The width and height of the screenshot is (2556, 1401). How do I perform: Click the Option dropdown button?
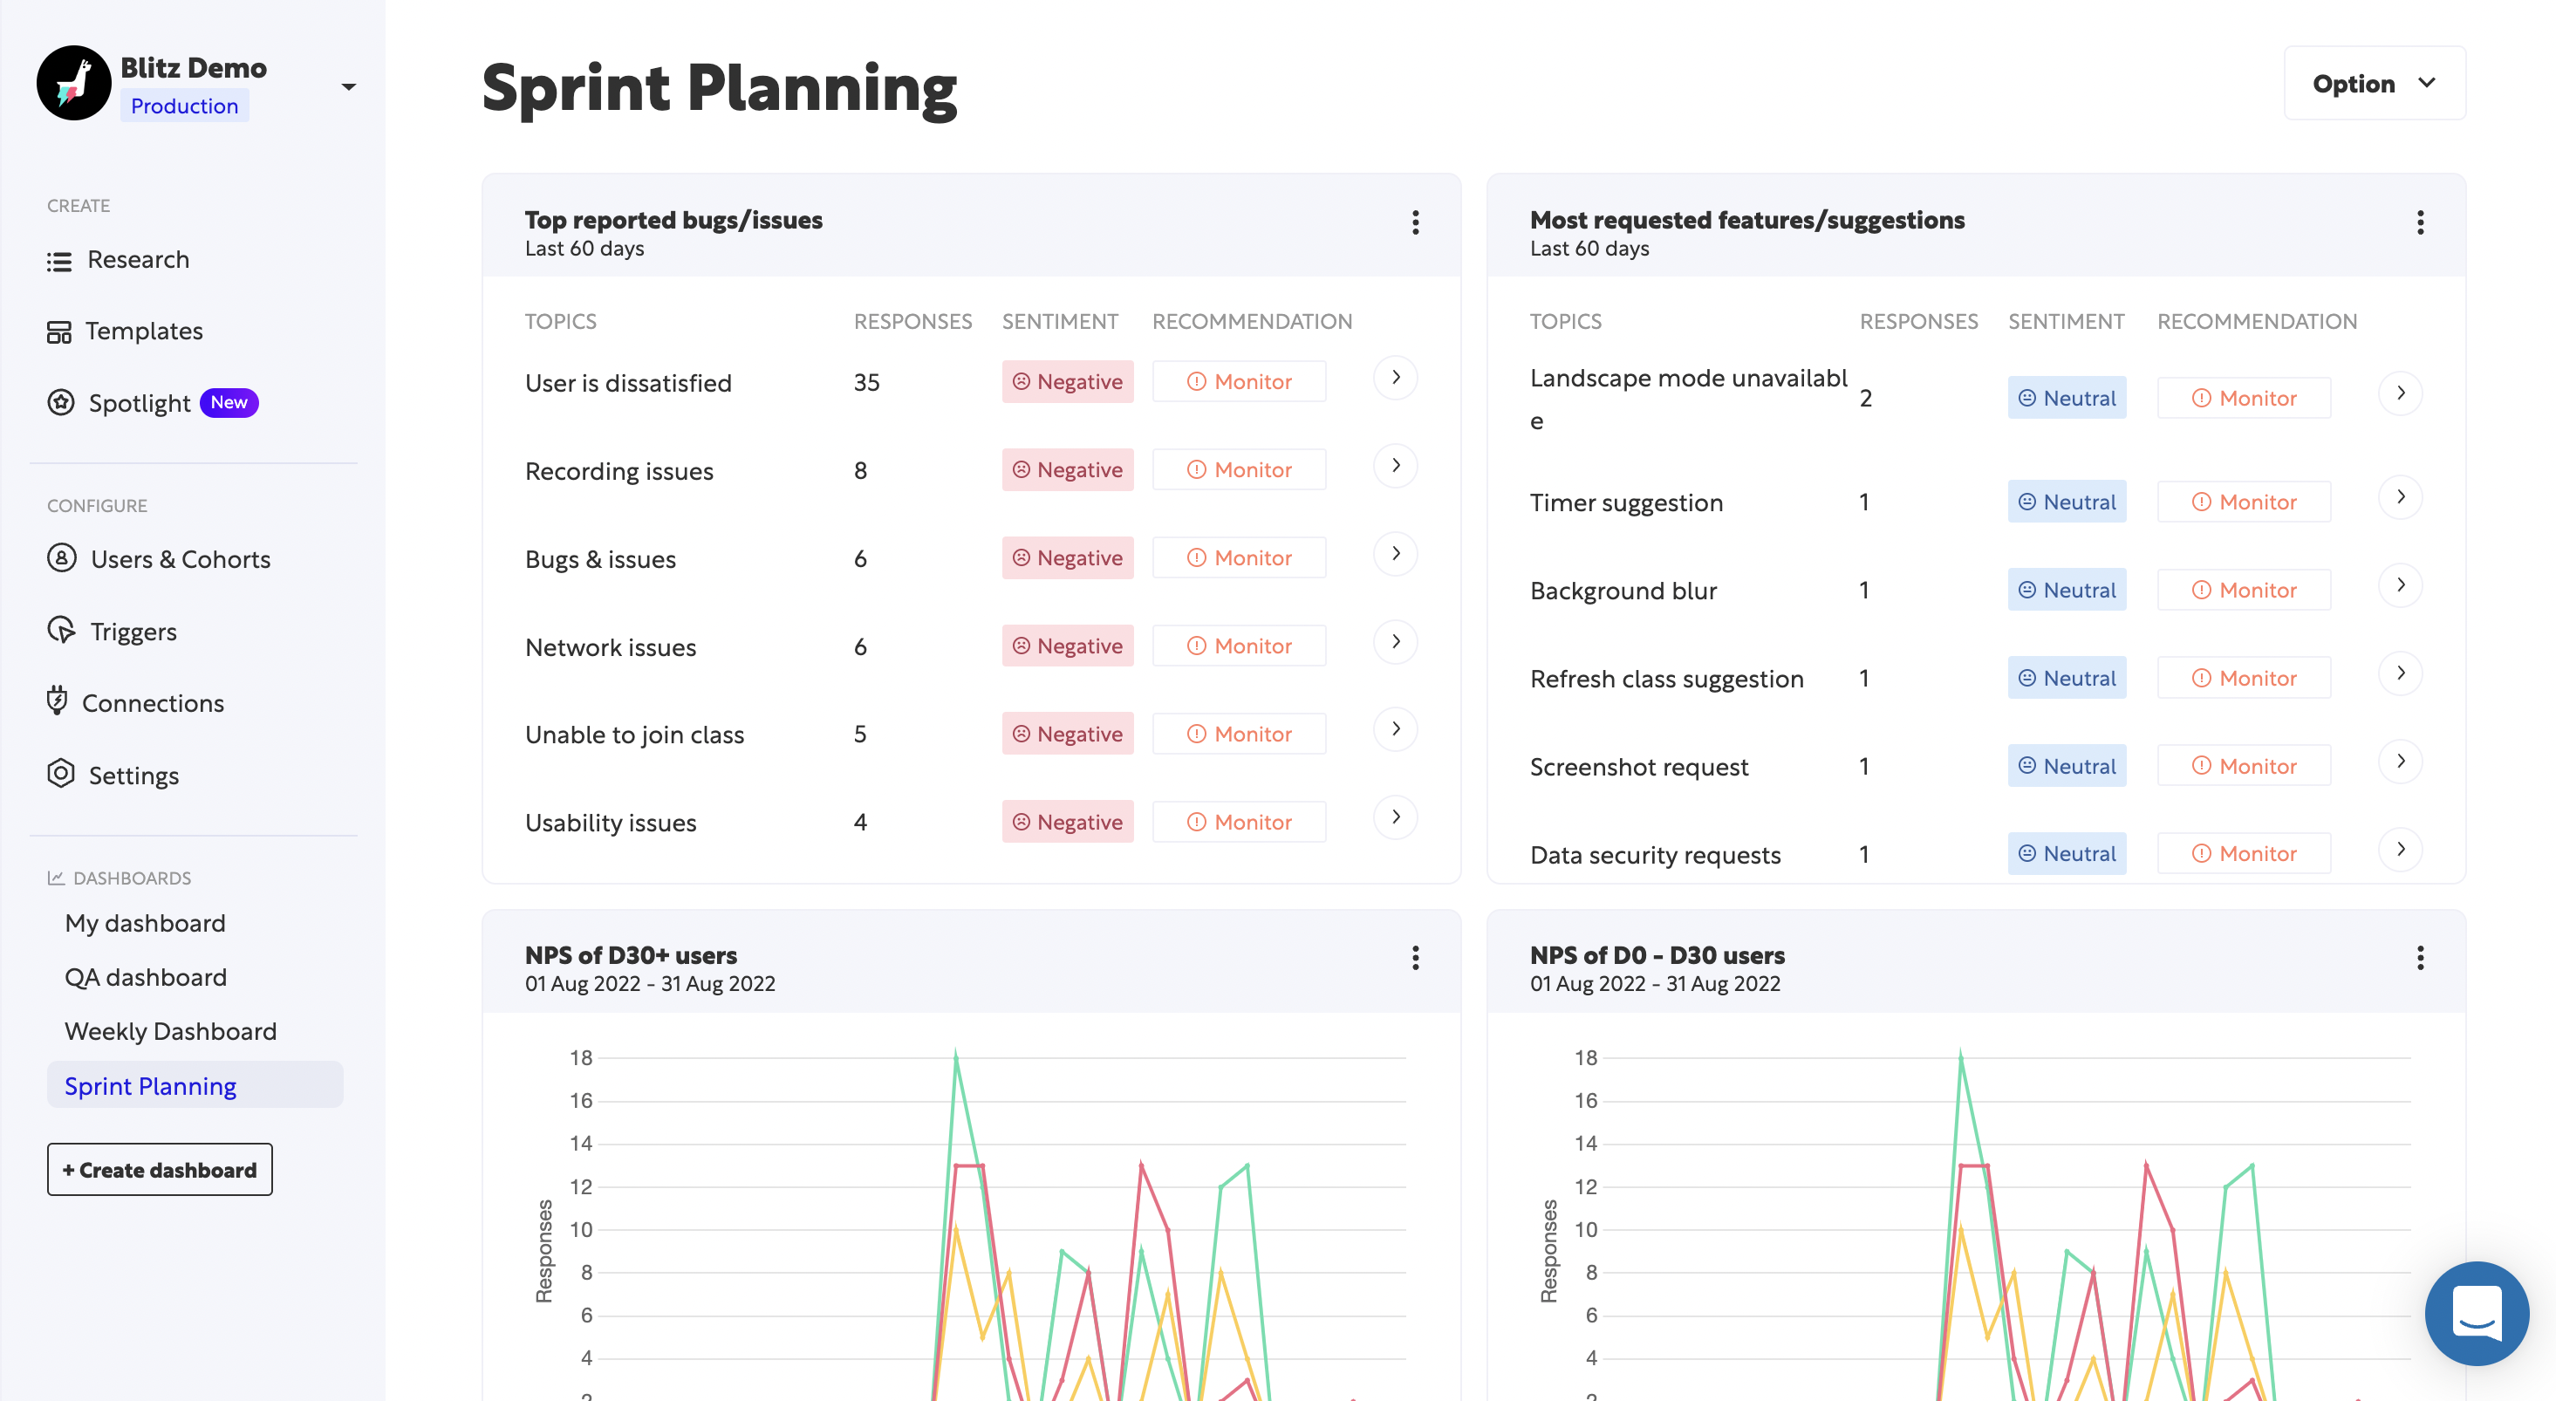[x=2374, y=84]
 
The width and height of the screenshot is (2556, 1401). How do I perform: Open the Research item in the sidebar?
[x=137, y=260]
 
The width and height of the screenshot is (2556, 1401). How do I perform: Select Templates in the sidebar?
[x=143, y=331]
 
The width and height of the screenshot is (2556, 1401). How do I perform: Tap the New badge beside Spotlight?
[x=229, y=403]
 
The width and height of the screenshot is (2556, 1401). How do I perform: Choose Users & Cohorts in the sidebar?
[x=180, y=559]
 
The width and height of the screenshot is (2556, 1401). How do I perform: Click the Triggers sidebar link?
[x=133, y=632]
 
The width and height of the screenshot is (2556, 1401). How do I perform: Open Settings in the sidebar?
[x=133, y=775]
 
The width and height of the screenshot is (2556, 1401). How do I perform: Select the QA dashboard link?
[x=146, y=977]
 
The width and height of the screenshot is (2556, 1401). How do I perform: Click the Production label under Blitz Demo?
[x=185, y=106]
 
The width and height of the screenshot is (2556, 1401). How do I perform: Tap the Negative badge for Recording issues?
[x=1068, y=470]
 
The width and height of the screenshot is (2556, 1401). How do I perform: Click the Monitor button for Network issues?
[x=1240, y=646]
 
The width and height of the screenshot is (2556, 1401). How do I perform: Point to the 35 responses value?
[x=866, y=383]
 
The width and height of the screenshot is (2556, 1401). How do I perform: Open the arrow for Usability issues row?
[x=1396, y=817]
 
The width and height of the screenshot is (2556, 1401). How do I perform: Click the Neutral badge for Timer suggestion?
[x=2067, y=502]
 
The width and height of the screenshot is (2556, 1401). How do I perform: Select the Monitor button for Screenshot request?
[x=2244, y=766]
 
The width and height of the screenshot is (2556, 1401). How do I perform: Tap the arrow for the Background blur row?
[x=2400, y=585]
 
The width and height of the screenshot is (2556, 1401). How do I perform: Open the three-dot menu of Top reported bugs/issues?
[x=1416, y=222]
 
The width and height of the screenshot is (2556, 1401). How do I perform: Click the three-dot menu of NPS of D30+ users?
[x=1416, y=958]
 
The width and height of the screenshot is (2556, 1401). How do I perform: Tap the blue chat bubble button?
[x=2477, y=1313]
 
